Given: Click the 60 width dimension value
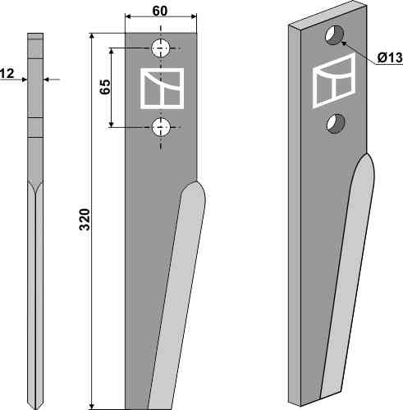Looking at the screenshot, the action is tap(160, 11).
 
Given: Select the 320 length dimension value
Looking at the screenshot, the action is tap(85, 220).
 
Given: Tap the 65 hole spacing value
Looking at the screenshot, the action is tap(105, 87).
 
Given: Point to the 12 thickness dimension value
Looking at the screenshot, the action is tap(7, 74).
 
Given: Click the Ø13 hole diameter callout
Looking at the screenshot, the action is tap(390, 57).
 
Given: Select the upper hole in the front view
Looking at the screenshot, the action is tap(161, 48).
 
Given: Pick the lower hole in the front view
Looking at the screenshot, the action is tap(161, 127).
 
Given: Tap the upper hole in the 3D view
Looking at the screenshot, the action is tap(334, 35).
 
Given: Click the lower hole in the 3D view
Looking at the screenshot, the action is tap(336, 124).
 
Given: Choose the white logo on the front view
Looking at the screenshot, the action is tap(162, 89).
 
